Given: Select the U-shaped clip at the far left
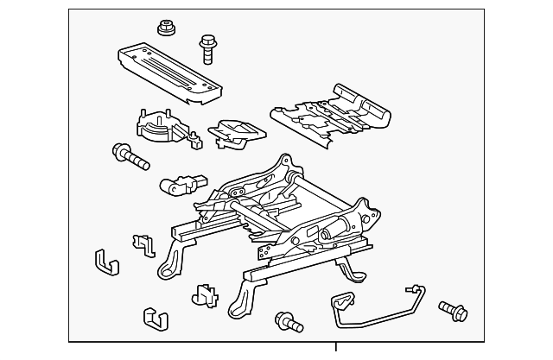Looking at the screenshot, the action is [x=105, y=262].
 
